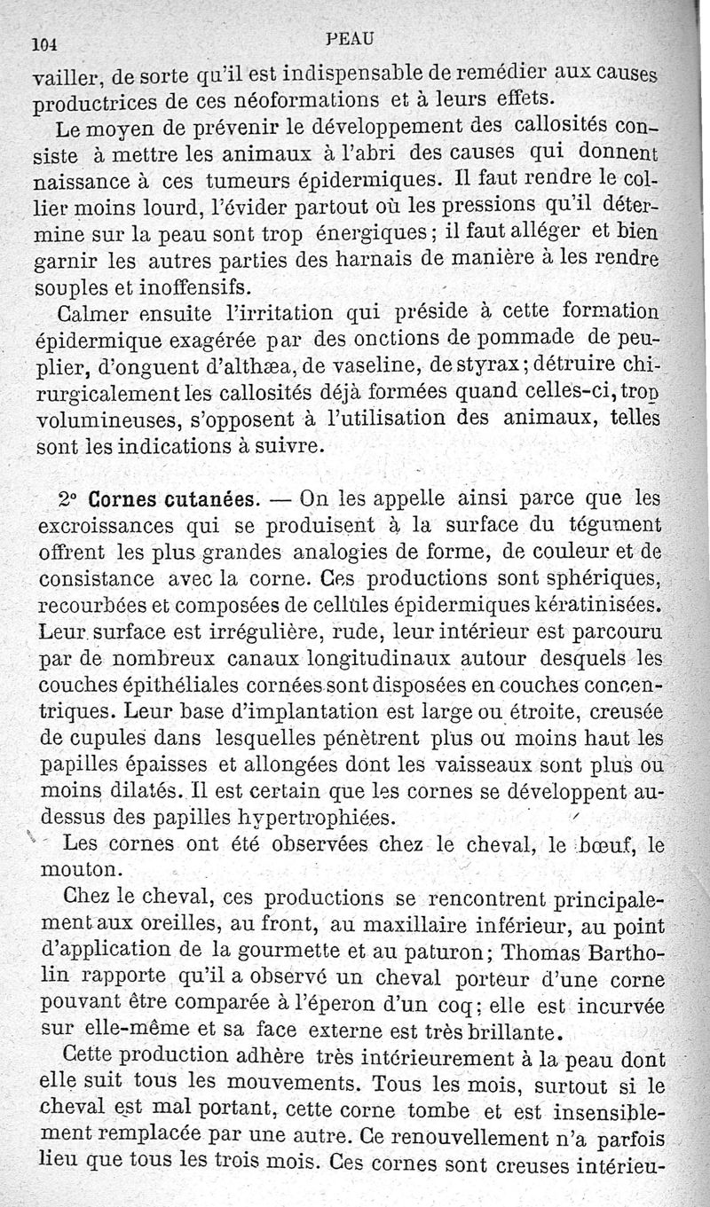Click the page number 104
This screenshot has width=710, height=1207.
click(x=43, y=42)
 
